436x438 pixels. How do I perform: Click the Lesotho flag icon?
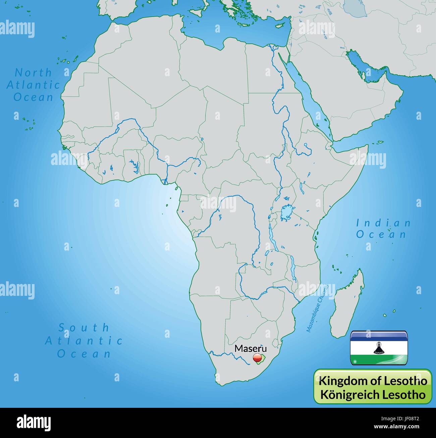tap(379, 348)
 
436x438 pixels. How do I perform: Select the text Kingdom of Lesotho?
tap(373, 381)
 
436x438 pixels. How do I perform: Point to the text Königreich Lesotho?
tap(373, 394)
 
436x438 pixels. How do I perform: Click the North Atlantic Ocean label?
tap(33, 85)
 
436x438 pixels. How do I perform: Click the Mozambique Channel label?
tap(317, 308)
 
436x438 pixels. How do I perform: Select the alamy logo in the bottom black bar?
tap(34, 422)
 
